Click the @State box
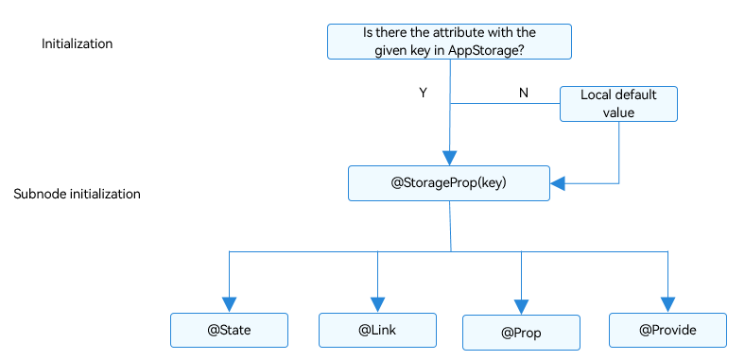pyautogui.click(x=229, y=330)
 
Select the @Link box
pyautogui.click(x=377, y=330)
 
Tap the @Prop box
pyautogui.click(x=521, y=333)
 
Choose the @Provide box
pyautogui.click(x=667, y=330)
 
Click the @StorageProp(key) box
pyautogui.click(x=449, y=183)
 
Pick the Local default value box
pyautogui.click(x=618, y=104)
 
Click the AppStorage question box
pyautogui.click(x=449, y=42)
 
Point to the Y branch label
pyautogui.click(x=423, y=94)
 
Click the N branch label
pyautogui.click(x=524, y=94)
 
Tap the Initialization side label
pyautogui.click(x=77, y=43)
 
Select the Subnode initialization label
pyautogui.click(x=77, y=195)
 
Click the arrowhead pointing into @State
pyautogui.click(x=229, y=304)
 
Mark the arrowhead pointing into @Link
pyautogui.click(x=377, y=304)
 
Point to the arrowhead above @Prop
pyautogui.click(x=521, y=307)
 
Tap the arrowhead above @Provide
pyautogui.click(x=667, y=304)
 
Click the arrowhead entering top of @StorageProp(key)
pyautogui.click(x=449, y=158)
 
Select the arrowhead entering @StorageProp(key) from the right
pyautogui.click(x=557, y=183)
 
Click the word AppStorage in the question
pyautogui.click(x=485, y=51)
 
